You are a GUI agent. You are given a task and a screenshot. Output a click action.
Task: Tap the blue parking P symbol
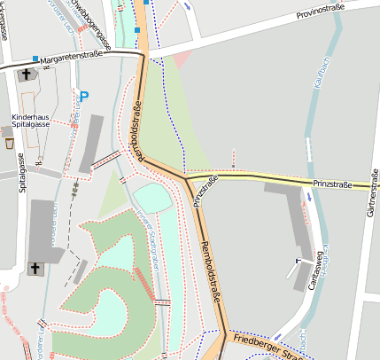(x=84, y=96)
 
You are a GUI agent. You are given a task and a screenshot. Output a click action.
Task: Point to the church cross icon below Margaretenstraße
(x=22, y=76)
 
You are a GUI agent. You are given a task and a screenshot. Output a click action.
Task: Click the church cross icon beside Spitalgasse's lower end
(x=35, y=268)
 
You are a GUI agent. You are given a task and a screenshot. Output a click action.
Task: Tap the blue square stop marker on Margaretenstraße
(x=35, y=59)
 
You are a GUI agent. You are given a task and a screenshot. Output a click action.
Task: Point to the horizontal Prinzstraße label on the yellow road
(x=332, y=184)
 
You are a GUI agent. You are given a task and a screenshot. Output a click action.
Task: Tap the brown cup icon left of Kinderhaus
(x=9, y=142)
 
